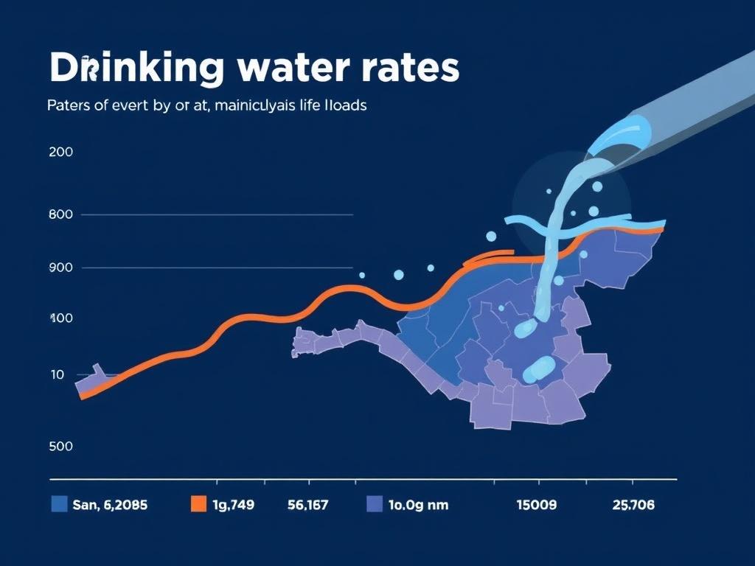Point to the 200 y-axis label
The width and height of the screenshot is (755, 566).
coord(60,153)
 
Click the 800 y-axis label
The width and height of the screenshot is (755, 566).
coord(60,214)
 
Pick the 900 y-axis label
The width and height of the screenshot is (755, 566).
coord(60,268)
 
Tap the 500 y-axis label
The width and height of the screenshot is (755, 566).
coord(60,446)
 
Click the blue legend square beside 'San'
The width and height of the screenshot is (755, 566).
coord(60,504)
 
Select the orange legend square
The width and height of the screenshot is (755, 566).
coord(198,504)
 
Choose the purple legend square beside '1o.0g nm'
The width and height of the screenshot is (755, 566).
coord(375,504)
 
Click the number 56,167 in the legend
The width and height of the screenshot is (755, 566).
coord(307,505)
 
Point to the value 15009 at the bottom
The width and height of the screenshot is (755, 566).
coord(536,505)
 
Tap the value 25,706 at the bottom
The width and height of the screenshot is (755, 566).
coord(633,505)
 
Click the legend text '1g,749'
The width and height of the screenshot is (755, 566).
coord(233,505)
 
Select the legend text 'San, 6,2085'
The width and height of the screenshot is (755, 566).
coord(110,505)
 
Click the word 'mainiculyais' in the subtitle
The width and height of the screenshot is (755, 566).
coord(257,105)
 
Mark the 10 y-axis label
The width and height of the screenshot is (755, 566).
coord(58,374)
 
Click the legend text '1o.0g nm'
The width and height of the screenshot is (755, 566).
coord(418,505)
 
